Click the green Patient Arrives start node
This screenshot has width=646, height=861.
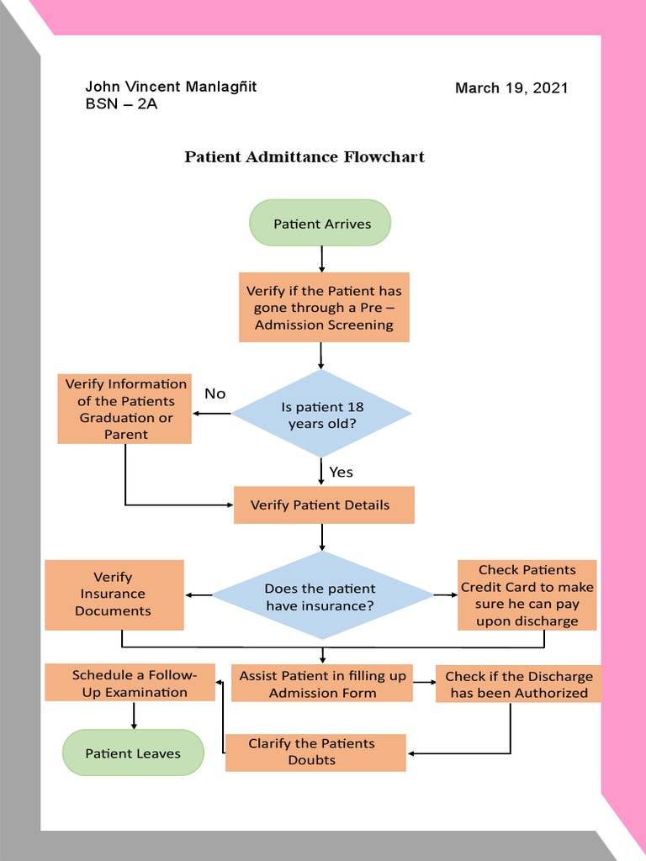[x=320, y=224]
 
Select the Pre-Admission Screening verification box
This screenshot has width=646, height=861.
[x=324, y=308]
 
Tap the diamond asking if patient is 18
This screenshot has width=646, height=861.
[x=321, y=415]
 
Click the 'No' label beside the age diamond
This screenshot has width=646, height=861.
[x=215, y=394]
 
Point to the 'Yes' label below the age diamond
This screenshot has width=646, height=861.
[x=341, y=472]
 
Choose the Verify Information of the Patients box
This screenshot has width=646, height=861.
[x=125, y=409]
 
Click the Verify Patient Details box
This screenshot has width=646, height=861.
[x=324, y=505]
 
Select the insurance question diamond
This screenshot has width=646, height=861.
[x=321, y=596]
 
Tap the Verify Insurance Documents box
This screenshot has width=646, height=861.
[x=114, y=594]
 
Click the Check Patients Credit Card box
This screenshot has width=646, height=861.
[x=527, y=595]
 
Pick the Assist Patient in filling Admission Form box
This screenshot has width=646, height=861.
[x=322, y=684]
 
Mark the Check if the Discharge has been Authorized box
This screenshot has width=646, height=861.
[x=518, y=684]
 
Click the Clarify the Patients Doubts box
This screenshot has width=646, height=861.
[x=315, y=752]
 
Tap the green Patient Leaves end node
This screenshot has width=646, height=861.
[x=133, y=753]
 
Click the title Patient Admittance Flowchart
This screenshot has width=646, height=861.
[x=304, y=157]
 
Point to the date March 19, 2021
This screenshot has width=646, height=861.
[x=511, y=88]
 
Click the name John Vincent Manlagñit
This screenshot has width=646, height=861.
[x=171, y=87]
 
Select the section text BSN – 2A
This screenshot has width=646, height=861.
[x=121, y=105]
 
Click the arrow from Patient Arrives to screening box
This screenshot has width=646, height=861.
[x=321, y=259]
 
